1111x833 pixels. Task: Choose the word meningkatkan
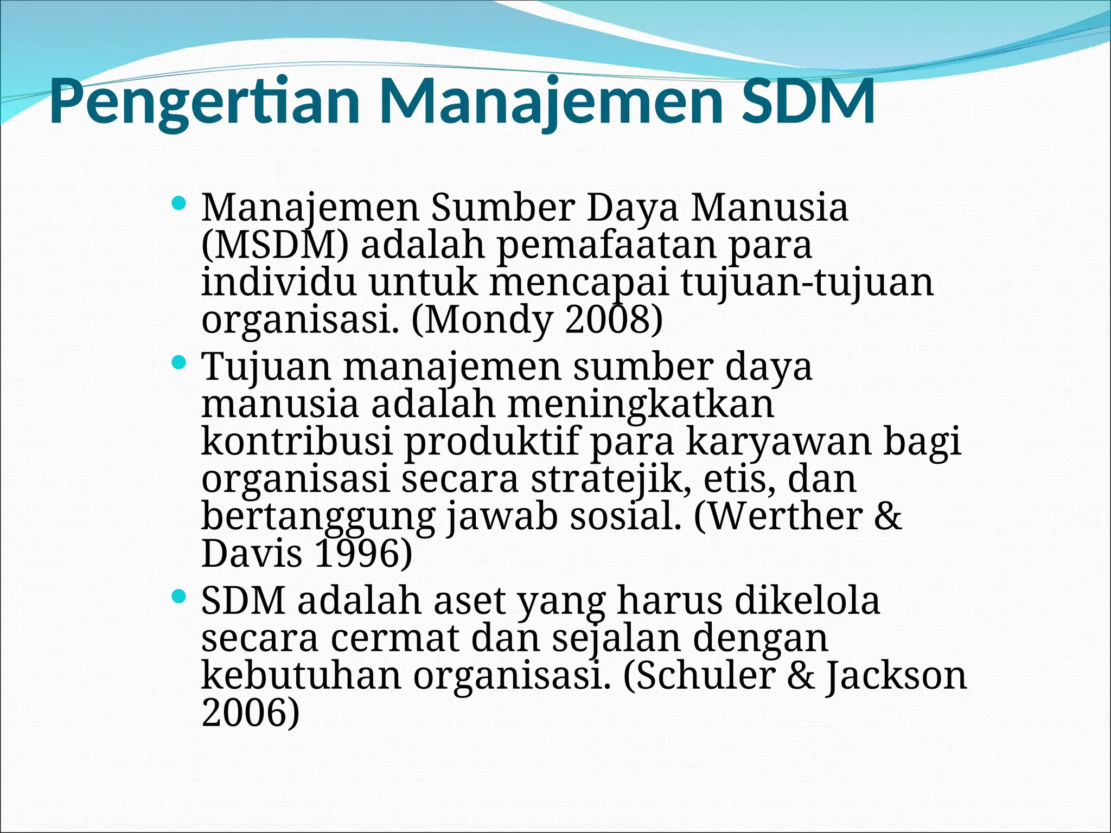tap(640, 403)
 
